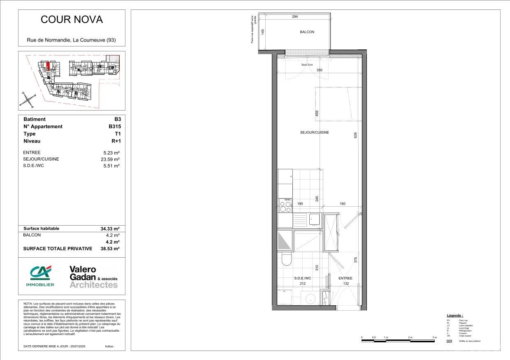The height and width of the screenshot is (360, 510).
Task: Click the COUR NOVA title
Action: (72, 20)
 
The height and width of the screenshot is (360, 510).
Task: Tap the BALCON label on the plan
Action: (307, 32)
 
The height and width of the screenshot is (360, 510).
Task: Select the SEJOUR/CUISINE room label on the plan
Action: (314, 132)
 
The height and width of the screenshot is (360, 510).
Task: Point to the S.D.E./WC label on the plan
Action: (303, 278)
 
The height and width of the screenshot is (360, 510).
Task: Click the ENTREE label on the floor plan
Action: (345, 278)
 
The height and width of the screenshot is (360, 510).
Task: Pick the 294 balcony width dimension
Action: (294, 17)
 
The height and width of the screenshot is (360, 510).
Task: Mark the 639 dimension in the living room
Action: (355, 134)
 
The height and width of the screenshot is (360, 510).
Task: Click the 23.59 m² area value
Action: (111, 159)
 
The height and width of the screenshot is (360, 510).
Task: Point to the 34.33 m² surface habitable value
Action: (110, 228)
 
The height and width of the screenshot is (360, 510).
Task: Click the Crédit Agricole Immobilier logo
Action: (40, 276)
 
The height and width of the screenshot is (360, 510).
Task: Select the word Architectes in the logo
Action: (93, 285)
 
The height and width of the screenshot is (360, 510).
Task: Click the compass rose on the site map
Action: (27, 100)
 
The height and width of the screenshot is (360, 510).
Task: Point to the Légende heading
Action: (455, 315)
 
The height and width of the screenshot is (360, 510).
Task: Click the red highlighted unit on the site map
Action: (48, 66)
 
